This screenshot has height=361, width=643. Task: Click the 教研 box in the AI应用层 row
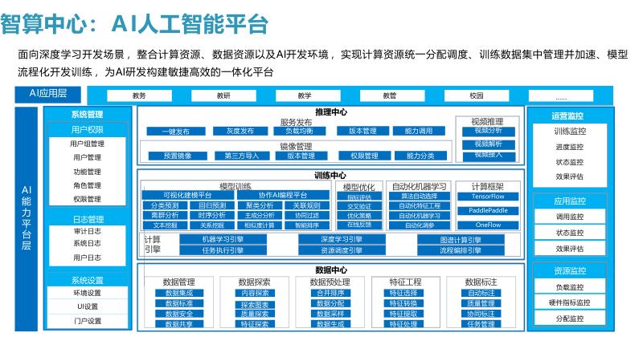(223, 95)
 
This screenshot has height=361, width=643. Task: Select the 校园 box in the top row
(476, 95)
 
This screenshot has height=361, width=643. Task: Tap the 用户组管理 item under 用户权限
(87, 144)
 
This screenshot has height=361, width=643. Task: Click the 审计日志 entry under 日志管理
(87, 231)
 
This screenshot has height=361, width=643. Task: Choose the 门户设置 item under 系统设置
(87, 321)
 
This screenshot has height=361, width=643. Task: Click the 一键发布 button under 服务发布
(175, 131)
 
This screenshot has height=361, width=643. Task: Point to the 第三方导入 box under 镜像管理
(242, 156)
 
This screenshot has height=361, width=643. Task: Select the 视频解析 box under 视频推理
(488, 144)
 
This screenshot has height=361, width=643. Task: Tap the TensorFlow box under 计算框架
(488, 196)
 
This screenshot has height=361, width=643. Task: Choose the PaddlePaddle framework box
(488, 210)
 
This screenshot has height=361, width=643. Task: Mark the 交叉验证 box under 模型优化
(358, 205)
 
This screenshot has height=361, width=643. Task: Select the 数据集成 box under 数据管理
(178, 293)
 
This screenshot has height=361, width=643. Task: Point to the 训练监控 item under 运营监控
(569, 132)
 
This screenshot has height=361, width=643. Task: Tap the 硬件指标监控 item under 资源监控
(569, 302)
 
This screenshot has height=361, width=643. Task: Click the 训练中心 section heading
(330, 175)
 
